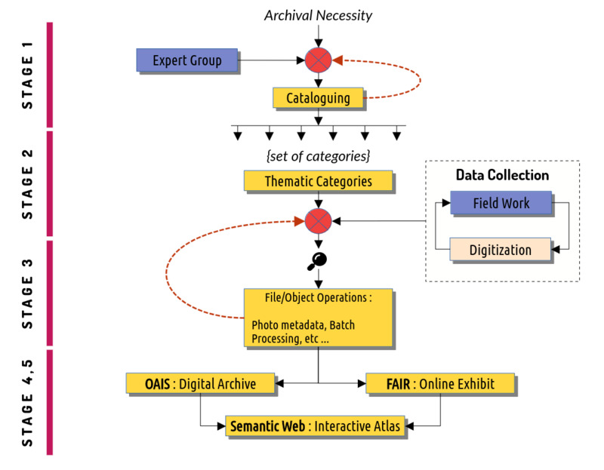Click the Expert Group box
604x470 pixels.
tap(187, 60)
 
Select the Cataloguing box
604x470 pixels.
tap(318, 98)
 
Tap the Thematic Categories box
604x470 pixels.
tap(318, 181)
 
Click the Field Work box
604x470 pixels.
tap(501, 202)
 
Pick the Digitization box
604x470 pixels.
tap(501, 250)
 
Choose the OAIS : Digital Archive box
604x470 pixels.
tap(200, 383)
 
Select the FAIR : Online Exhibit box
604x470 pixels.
tap(440, 383)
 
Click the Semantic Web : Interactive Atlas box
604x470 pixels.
tap(315, 425)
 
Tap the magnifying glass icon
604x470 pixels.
tap(317, 261)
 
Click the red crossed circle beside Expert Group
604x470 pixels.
tap(318, 60)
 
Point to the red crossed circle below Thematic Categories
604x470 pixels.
tap(318, 221)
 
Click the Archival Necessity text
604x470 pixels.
tap(318, 15)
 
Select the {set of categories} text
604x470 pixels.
tap(318, 156)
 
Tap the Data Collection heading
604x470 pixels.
tap(502, 175)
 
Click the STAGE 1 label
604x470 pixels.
tap(27, 75)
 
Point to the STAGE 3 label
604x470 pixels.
tap(27, 294)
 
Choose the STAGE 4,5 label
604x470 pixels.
tap(27, 403)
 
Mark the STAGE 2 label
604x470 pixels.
tap(27, 184)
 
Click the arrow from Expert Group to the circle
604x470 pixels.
tap(271, 60)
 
